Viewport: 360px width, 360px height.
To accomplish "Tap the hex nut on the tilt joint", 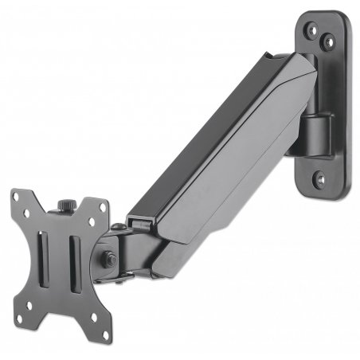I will (x=106, y=258).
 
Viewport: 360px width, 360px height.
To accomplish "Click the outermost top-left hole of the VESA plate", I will (x=19, y=198).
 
